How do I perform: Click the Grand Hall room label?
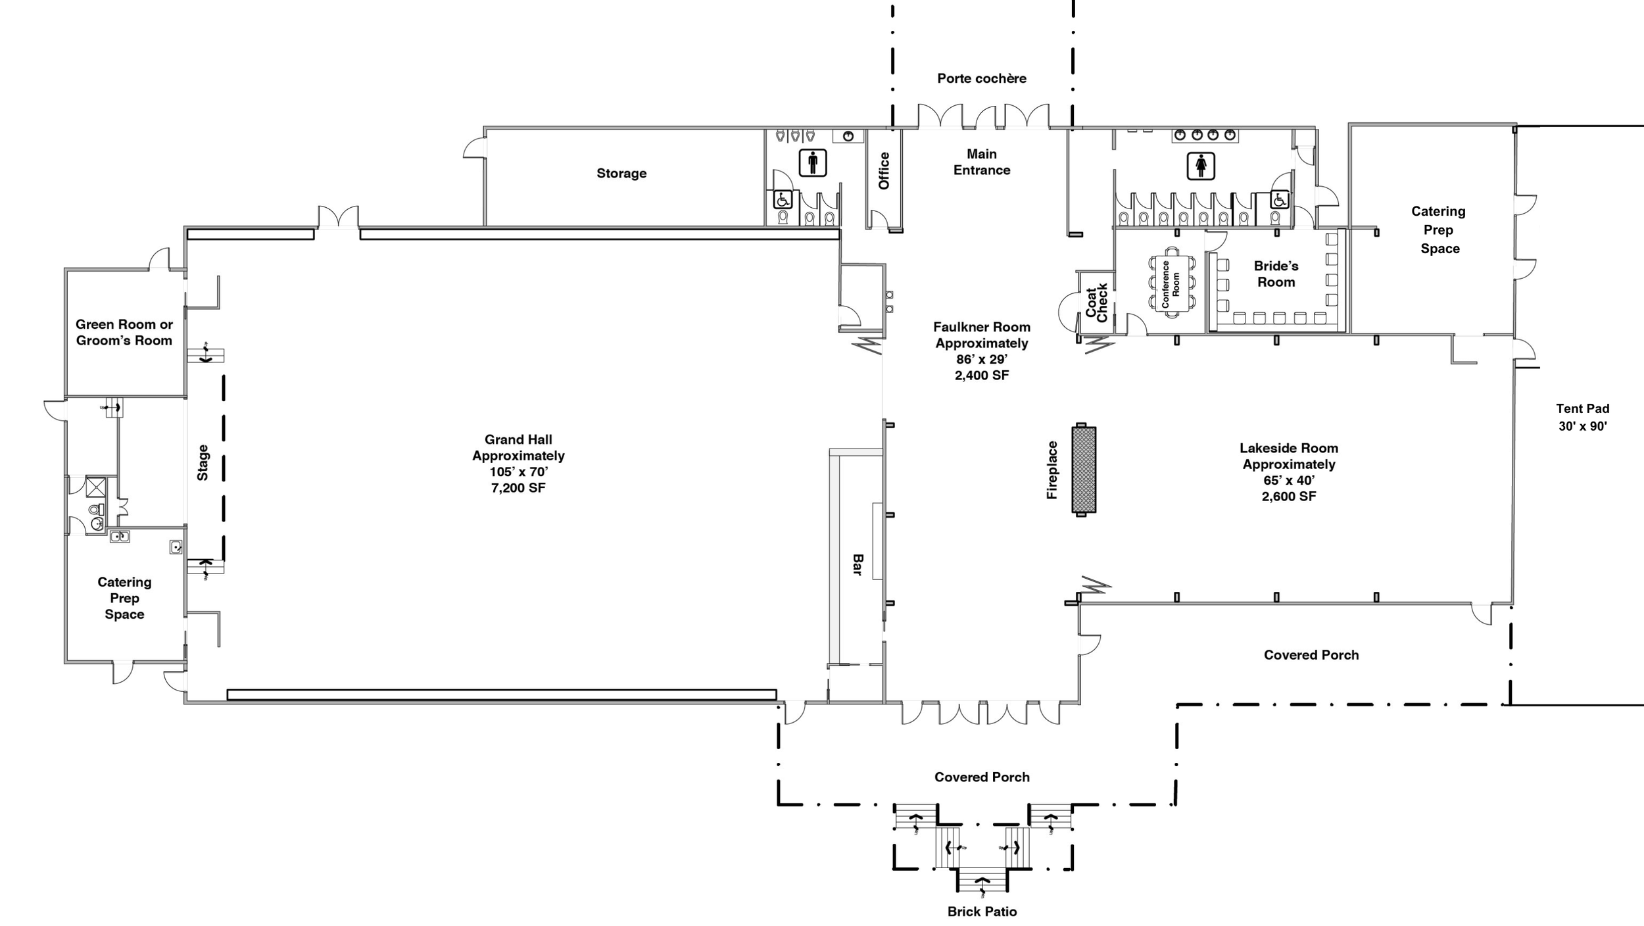[518, 464]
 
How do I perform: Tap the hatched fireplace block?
[1084, 470]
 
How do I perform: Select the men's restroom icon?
[813, 162]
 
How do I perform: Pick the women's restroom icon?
[1201, 166]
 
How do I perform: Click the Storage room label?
[621, 173]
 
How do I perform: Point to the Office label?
[884, 171]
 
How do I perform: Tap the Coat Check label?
[1097, 303]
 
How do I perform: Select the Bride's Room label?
[1276, 274]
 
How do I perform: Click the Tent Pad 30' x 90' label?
[1582, 417]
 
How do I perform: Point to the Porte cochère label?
[982, 78]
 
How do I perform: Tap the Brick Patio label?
[982, 912]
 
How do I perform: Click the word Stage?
[203, 462]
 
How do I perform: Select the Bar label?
[858, 564]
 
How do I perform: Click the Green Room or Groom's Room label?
[124, 332]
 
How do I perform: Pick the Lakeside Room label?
[1289, 472]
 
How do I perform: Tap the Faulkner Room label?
[982, 351]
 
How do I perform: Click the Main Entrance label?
[982, 162]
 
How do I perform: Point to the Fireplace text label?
[1052, 470]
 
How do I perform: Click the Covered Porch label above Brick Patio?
[982, 777]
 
